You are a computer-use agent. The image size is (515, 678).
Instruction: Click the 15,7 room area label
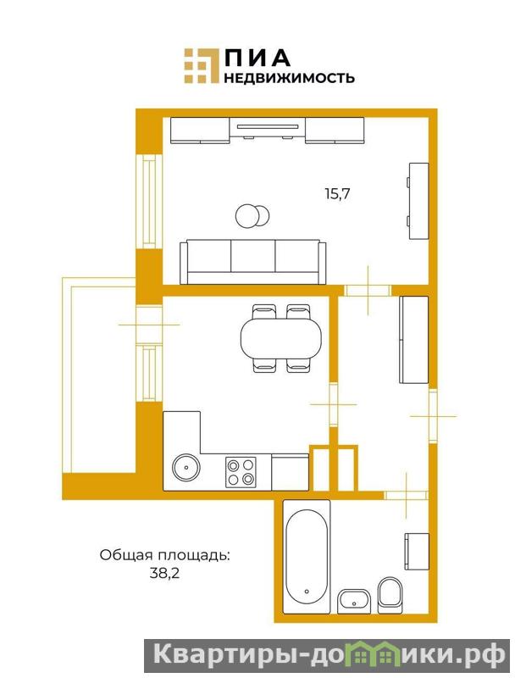(337, 193)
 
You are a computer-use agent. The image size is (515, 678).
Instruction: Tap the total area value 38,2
(164, 574)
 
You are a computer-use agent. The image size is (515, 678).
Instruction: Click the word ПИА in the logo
(257, 58)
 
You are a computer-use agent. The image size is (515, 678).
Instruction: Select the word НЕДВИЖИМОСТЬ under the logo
(290, 77)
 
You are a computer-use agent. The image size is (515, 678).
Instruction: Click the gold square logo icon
(202, 65)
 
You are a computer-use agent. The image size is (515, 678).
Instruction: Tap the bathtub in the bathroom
(307, 557)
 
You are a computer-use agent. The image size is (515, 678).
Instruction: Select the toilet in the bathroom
(390, 595)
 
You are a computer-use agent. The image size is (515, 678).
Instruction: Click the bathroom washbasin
(354, 601)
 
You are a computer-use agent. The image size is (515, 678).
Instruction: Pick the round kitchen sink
(186, 467)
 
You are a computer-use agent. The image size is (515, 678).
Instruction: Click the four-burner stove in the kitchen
(241, 472)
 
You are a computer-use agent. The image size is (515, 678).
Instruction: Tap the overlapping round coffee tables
(252, 215)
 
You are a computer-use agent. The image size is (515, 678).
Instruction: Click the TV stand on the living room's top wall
(268, 130)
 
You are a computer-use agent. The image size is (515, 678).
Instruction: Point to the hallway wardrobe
(414, 340)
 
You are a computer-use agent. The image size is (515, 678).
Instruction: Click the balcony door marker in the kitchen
(149, 325)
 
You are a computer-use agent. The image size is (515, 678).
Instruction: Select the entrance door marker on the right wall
(433, 416)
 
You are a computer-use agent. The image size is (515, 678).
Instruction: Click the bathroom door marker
(406, 495)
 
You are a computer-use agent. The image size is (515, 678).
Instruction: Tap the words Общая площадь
(164, 555)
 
